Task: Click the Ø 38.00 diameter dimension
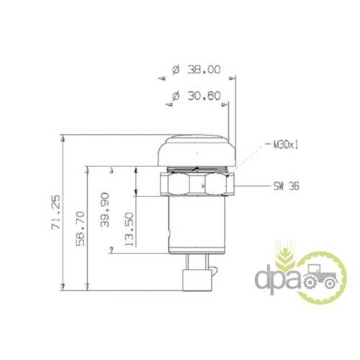197,70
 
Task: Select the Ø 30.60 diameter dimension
197,96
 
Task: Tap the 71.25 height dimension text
55,212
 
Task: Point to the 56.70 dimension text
81,228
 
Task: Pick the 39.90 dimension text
105,210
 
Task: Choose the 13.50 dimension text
129,229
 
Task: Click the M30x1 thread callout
286,145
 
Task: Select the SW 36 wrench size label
287,186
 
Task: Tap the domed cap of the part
197,150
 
